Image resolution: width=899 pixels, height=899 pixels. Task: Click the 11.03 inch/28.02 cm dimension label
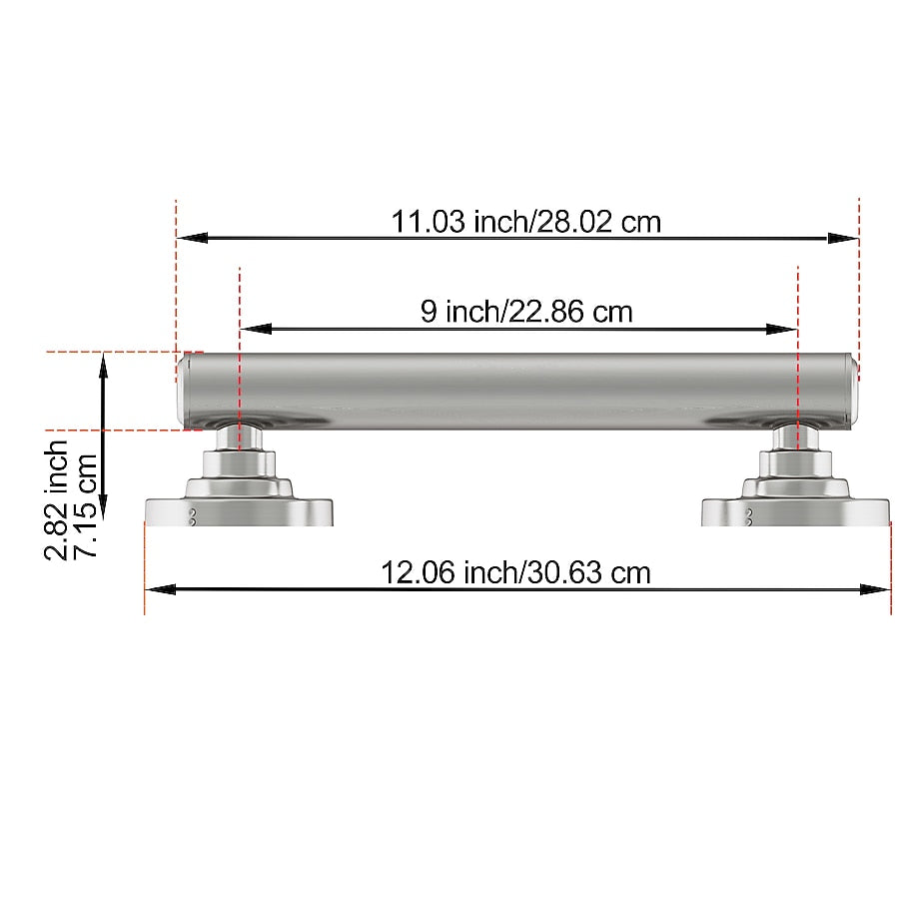tap(525, 222)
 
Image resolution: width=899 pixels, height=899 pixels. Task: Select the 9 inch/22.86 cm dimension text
tap(526, 312)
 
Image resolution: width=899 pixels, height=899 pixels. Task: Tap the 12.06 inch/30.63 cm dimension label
tap(515, 572)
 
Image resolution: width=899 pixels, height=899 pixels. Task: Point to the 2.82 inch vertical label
tap(56, 500)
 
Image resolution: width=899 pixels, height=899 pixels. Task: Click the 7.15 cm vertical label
tap(86, 505)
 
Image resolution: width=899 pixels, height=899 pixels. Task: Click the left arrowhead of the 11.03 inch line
tap(193, 238)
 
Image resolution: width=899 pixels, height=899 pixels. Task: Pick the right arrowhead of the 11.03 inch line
tap(843, 238)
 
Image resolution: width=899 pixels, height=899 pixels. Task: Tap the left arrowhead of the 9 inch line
tap(256, 329)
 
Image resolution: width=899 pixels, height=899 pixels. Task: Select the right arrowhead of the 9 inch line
tap(781, 329)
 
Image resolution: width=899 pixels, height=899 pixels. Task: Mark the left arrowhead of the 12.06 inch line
tap(161, 588)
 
